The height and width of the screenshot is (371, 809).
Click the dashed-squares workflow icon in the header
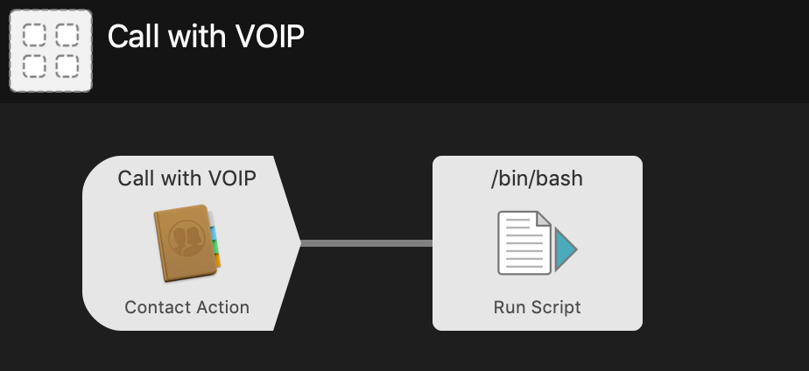point(51,51)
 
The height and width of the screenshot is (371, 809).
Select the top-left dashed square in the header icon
point(33,35)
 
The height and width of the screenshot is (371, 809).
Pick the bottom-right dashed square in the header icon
point(67,66)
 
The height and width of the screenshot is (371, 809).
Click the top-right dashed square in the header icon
point(67,35)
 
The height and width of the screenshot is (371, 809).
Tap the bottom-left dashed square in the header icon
point(33,66)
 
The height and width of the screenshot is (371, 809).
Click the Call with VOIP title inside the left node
point(186,178)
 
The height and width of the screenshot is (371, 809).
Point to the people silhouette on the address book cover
point(184,238)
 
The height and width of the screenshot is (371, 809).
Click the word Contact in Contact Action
point(154,307)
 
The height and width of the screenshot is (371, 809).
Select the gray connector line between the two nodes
point(366,243)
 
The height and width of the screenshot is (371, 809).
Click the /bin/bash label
point(537,178)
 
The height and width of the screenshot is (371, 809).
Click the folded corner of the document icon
point(543,220)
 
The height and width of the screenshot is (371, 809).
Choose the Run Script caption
point(537,307)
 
